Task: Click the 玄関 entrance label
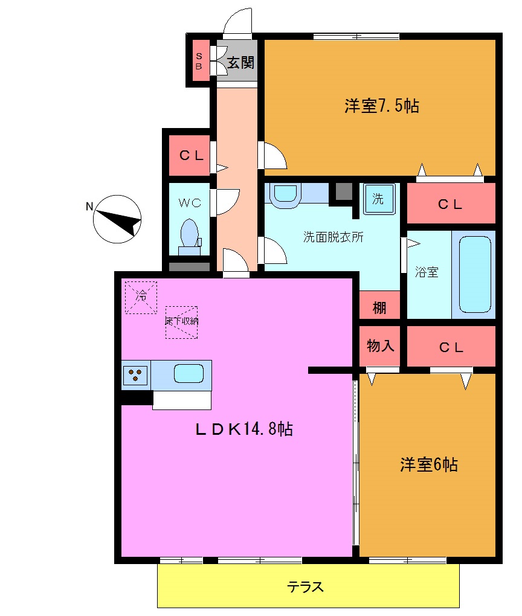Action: pyautogui.click(x=240, y=62)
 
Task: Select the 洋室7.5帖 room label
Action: pyautogui.click(x=382, y=106)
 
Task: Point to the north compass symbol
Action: pyautogui.click(x=117, y=219)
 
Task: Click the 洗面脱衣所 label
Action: pyautogui.click(x=333, y=237)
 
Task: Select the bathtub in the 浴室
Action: pyautogui.click(x=475, y=273)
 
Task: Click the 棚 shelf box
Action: pyautogui.click(x=379, y=307)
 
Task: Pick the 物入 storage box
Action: pyautogui.click(x=381, y=346)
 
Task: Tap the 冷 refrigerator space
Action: pyautogui.click(x=140, y=297)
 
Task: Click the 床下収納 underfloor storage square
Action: pyautogui.click(x=181, y=321)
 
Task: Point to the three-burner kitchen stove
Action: pyautogui.click(x=136, y=375)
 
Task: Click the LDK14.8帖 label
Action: pyautogui.click(x=244, y=429)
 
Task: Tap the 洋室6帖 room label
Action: pyautogui.click(x=428, y=465)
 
